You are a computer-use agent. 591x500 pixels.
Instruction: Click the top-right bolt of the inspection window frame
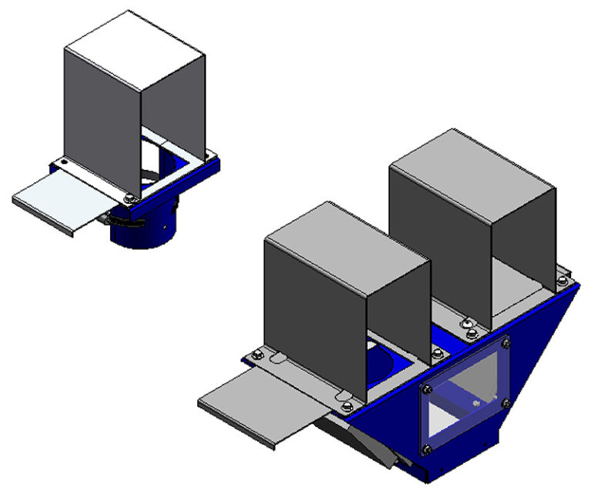coord(506,342)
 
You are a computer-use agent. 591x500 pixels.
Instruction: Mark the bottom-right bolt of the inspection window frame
coord(506,402)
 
